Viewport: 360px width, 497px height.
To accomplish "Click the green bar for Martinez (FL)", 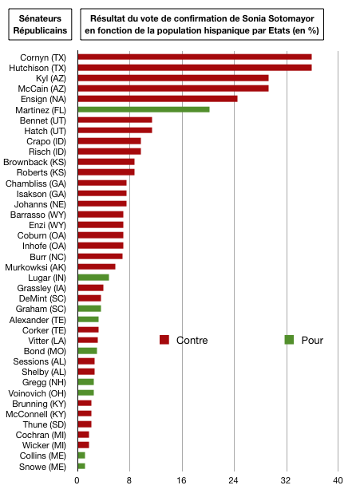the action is (144, 109).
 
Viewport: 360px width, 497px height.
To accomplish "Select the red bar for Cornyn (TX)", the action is (195, 57).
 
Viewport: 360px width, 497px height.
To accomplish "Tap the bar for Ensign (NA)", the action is (157, 99).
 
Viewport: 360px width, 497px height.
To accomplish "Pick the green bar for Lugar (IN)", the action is (93, 278).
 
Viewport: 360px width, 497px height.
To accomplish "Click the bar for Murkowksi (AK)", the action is (97, 267).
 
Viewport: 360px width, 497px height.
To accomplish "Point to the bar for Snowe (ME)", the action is (81, 466).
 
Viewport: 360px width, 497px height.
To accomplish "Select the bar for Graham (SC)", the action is (89, 309).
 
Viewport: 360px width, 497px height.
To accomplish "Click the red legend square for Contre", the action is (164, 340).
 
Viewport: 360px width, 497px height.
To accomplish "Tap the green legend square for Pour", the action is (289, 340).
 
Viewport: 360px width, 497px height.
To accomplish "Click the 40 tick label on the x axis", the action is (338, 481).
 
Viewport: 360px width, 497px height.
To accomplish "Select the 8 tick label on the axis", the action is (129, 481).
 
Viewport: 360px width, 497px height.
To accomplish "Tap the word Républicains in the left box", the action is (40, 31).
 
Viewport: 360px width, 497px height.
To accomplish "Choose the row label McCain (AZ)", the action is (42, 89).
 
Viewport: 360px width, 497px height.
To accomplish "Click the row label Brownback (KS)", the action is (34, 162).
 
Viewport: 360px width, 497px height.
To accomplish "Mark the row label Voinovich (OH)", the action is (37, 393).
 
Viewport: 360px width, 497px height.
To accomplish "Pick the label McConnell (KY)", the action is (36, 414).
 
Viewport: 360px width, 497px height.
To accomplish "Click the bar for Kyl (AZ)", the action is (173, 78).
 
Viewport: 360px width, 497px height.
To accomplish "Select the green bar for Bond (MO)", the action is (88, 351).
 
